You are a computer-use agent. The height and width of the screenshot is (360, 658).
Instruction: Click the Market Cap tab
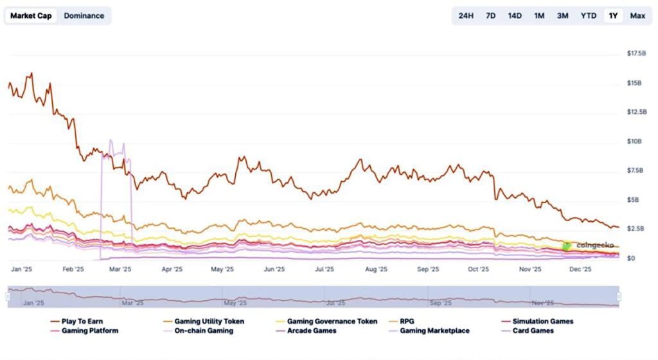[x=31, y=15]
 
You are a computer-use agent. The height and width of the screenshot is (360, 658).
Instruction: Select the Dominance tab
[x=84, y=15]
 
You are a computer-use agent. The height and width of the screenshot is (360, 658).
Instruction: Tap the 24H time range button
[x=466, y=15]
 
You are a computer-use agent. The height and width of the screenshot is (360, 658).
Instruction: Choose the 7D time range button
[x=490, y=15]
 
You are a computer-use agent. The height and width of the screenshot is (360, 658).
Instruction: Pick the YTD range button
[x=588, y=15]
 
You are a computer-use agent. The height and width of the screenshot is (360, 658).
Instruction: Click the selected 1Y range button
[x=613, y=15]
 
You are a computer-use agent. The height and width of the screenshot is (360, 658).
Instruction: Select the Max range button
[x=637, y=15]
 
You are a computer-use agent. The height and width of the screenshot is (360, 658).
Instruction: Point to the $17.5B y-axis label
[x=636, y=53]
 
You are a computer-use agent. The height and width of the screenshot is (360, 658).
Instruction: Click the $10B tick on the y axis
[x=634, y=141]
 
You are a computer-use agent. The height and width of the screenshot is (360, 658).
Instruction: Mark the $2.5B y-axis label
[x=636, y=229]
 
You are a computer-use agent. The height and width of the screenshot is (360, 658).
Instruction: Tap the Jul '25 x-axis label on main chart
[x=325, y=270]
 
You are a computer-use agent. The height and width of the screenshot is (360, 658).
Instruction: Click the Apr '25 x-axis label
[x=172, y=270]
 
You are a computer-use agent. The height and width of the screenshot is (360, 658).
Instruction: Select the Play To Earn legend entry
[x=78, y=321]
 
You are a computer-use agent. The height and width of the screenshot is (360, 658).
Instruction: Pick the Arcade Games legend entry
[x=310, y=330]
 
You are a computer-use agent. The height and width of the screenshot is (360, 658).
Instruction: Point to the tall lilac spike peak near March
[x=111, y=140]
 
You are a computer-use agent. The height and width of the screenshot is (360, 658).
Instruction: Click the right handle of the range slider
[x=619, y=296]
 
